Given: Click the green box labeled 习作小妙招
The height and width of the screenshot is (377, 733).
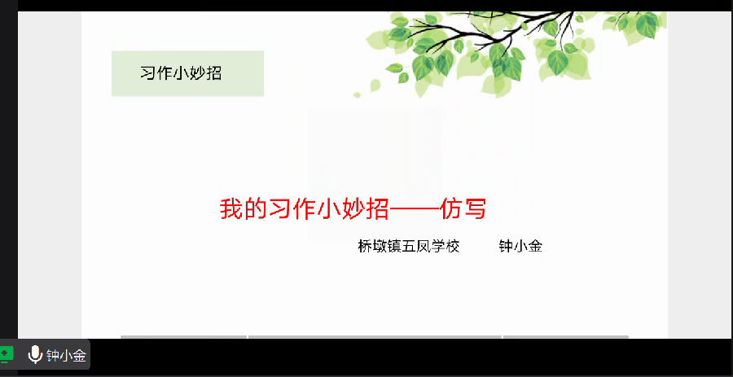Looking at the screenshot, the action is point(187,73).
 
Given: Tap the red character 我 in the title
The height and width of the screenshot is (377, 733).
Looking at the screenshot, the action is point(232,208).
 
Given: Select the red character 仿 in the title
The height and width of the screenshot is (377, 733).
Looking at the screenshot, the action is point(450,208).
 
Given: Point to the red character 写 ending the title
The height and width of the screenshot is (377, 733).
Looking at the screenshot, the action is point(475,208).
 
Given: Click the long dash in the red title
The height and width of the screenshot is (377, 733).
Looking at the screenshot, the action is point(415,210).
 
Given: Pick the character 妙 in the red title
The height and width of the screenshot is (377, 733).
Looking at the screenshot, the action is point(353,208).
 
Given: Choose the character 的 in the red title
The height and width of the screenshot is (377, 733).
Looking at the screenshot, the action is point(257,208).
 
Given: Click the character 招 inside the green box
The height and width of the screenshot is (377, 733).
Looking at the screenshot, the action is point(213,73).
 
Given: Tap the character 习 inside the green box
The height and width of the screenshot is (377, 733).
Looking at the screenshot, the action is point(147,73).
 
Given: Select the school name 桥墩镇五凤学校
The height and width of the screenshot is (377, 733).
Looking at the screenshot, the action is point(409,246).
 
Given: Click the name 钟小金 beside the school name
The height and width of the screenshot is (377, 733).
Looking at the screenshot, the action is point(520,246).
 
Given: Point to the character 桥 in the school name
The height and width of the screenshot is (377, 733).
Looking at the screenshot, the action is point(365,246).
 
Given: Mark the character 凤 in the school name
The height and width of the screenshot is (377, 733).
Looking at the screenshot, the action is point(423,246).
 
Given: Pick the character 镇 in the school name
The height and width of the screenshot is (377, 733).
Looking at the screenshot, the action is point(394,246).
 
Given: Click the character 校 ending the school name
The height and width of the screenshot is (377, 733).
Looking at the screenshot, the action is point(453,246).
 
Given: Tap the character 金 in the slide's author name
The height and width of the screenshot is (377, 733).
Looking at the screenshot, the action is point(535,246).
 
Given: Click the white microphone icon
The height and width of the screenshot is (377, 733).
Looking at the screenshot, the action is point(35,356).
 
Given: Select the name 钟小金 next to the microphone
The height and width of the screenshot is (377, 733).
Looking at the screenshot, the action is point(67,356).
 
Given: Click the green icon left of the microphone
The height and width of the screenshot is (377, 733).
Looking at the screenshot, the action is point(7,354).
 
